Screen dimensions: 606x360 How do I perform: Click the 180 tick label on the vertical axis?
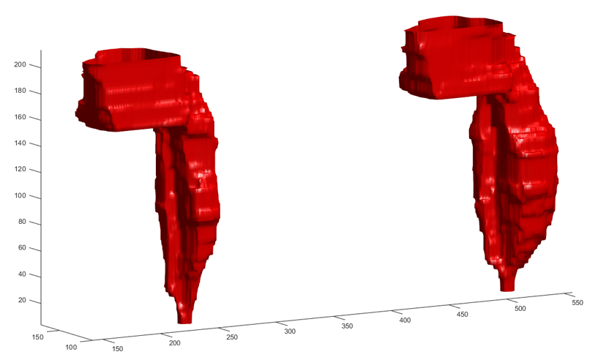[x=20, y=91]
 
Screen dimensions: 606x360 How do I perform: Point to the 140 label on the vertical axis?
[x=20, y=143]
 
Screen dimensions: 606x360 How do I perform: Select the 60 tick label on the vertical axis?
[x=22, y=248]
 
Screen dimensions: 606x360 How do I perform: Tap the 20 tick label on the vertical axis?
[x=22, y=301]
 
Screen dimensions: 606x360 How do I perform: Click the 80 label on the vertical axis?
[x=22, y=222]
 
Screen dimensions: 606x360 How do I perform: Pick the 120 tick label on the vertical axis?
[x=20, y=169]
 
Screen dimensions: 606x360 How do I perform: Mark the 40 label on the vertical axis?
[x=22, y=274]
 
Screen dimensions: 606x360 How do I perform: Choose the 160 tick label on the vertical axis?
[x=20, y=117]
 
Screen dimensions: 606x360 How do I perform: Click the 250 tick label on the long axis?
[x=232, y=337]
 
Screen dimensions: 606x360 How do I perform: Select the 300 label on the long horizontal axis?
[x=290, y=331]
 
